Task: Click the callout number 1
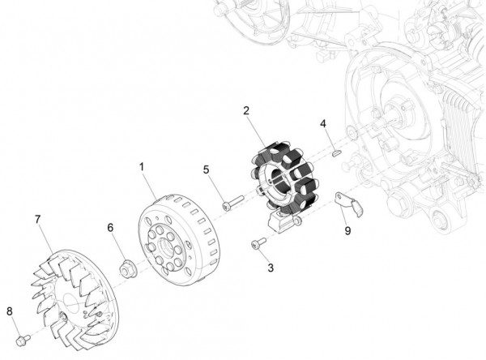click(x=141, y=166)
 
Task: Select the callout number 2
click(x=245, y=110)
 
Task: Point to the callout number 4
click(x=322, y=124)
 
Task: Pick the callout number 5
click(x=206, y=169)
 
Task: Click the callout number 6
click(x=110, y=229)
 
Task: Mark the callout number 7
click(x=37, y=220)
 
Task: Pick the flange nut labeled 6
click(x=126, y=267)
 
